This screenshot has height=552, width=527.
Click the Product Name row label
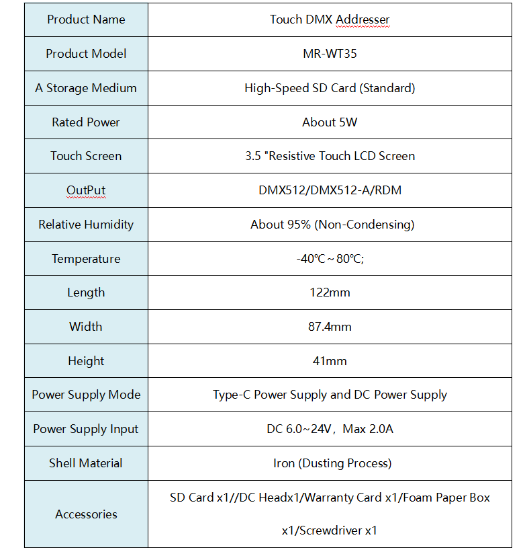[x=86, y=19]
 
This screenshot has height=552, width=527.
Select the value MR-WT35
[x=330, y=54]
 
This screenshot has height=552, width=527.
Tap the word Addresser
[x=363, y=19]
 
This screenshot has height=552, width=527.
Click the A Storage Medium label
[x=86, y=88]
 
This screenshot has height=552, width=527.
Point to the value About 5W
[x=330, y=122]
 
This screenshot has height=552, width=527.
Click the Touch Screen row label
[x=86, y=156]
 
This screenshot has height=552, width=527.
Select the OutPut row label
[x=86, y=190]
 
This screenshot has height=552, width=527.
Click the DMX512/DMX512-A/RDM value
[x=330, y=190]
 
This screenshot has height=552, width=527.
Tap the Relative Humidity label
[x=86, y=225]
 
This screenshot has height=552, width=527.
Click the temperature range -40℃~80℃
[x=330, y=259]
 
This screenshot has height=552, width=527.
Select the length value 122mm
[x=330, y=292]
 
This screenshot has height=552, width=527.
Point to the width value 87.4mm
[x=330, y=327]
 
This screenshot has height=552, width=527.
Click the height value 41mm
[x=330, y=361]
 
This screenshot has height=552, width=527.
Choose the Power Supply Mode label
[x=86, y=395]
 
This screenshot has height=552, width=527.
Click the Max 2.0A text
[x=368, y=429]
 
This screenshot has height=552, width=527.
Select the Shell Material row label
[x=86, y=463]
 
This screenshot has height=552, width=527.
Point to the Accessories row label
[x=86, y=514]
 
